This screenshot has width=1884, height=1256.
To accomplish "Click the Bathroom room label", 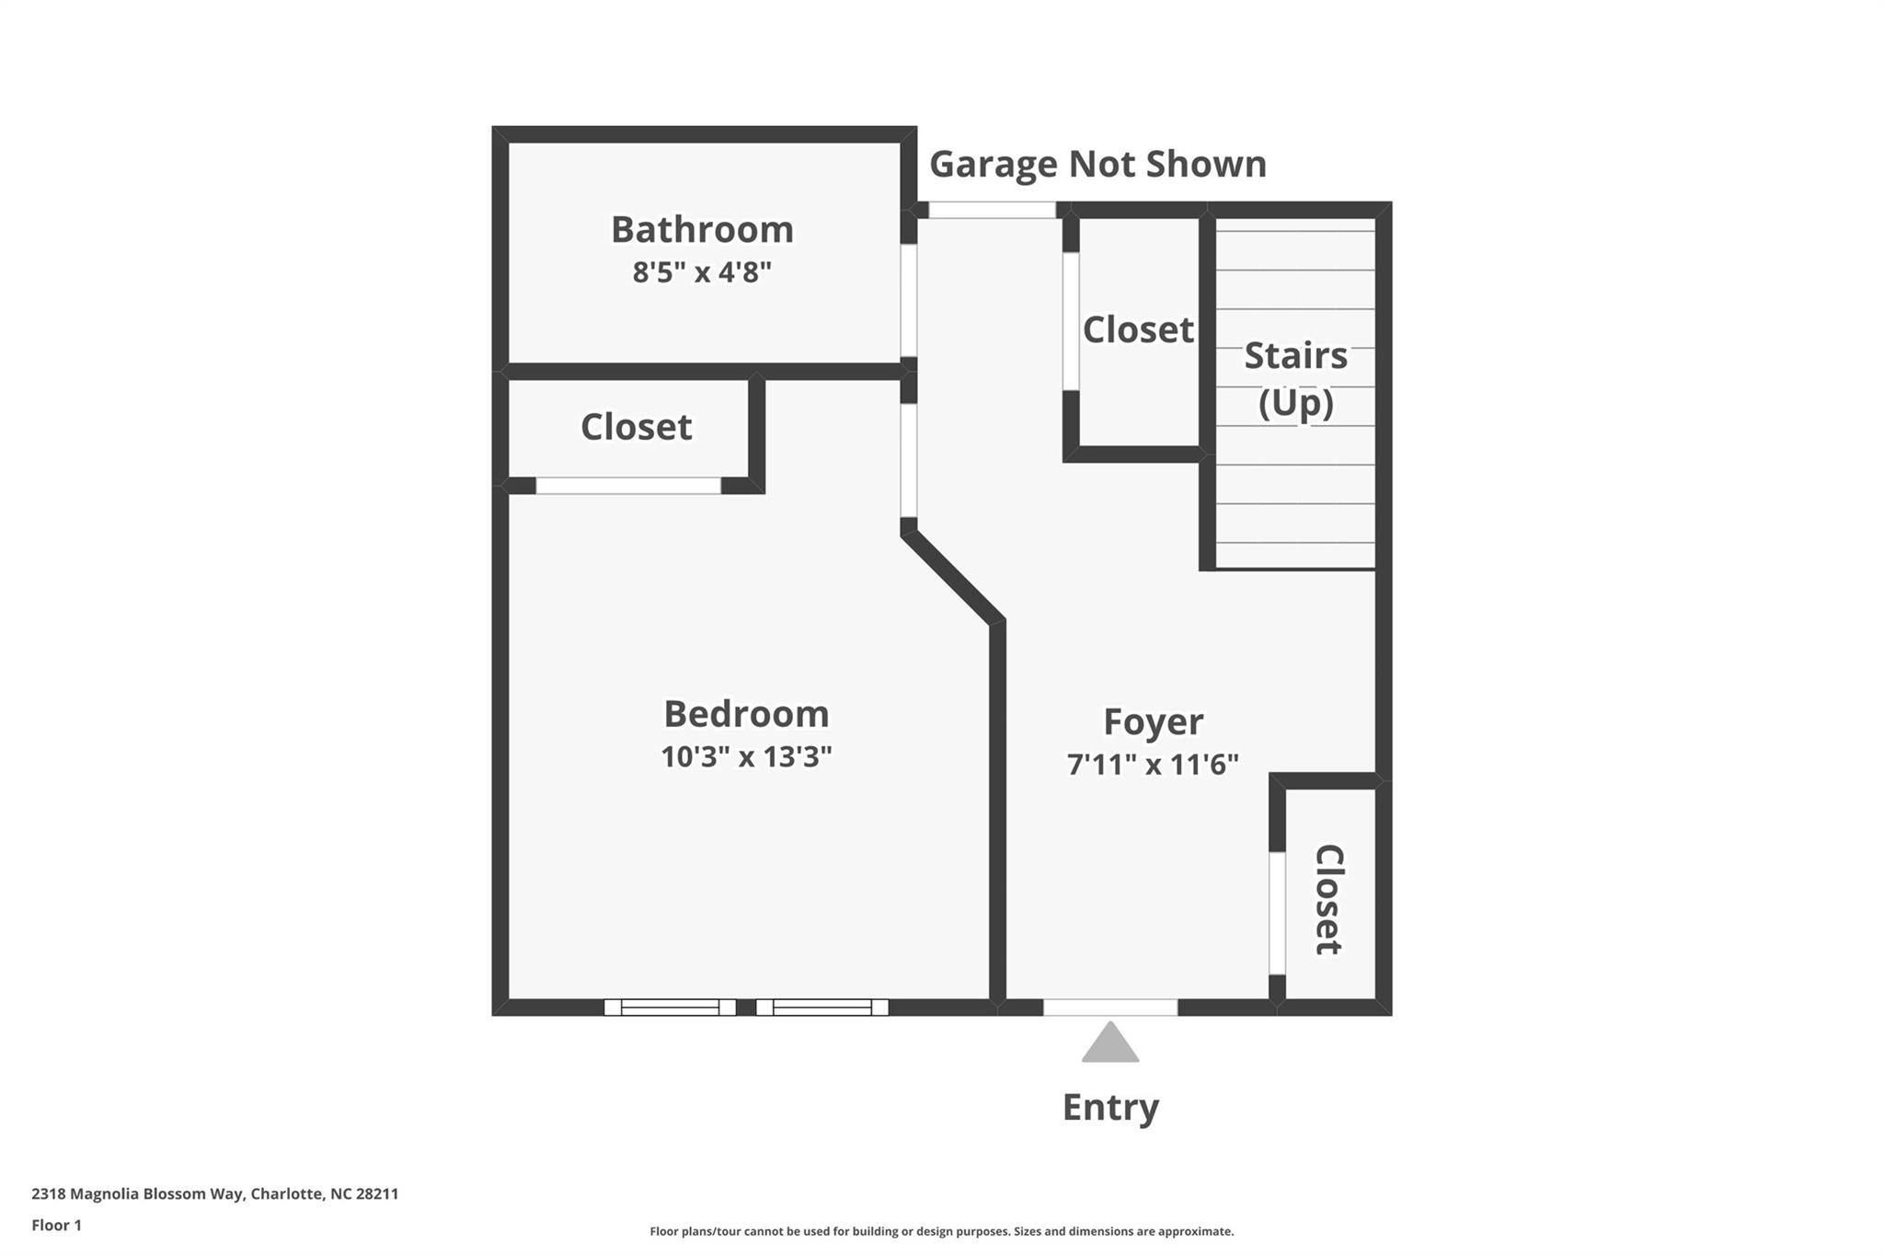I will (702, 230).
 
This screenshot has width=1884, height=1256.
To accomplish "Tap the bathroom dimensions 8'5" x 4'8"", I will (701, 272).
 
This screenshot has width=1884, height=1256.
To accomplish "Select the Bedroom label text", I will (746, 714).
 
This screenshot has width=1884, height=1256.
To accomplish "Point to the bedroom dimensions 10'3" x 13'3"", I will (746, 757).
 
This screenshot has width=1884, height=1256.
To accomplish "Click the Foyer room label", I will (1153, 722).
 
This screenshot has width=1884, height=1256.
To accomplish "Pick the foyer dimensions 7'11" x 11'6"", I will (1153, 765).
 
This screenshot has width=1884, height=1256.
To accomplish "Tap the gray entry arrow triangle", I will (1110, 1043).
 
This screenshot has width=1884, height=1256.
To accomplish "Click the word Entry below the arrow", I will (1110, 1107).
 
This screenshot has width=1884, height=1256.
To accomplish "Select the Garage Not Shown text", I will (1097, 165).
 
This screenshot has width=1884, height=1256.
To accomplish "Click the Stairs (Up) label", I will (1295, 378).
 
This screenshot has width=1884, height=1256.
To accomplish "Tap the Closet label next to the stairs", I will (1138, 329).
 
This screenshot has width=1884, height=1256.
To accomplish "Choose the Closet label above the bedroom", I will (636, 427).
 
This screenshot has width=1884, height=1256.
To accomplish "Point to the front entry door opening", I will (1110, 1008).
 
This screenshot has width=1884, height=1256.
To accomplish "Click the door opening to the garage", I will (992, 210).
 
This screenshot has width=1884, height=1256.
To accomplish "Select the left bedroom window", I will (670, 1008).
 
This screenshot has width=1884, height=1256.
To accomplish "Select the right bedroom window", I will (821, 1008).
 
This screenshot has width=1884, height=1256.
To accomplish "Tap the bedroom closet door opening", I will (628, 486).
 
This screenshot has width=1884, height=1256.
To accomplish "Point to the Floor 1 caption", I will (56, 1226).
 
